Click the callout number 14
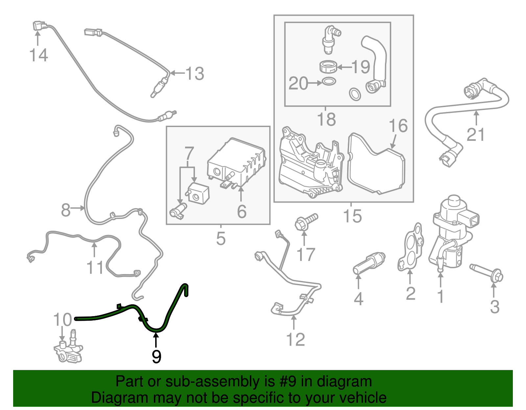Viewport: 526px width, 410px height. [38, 55]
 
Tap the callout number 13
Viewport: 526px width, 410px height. [195, 74]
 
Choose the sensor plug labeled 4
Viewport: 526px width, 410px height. [368, 263]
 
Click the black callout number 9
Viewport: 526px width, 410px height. [156, 356]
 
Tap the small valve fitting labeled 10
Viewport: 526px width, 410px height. [68, 350]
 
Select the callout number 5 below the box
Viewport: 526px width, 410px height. [221, 239]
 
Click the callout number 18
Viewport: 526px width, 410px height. [326, 119]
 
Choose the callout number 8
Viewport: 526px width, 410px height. [66, 210]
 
